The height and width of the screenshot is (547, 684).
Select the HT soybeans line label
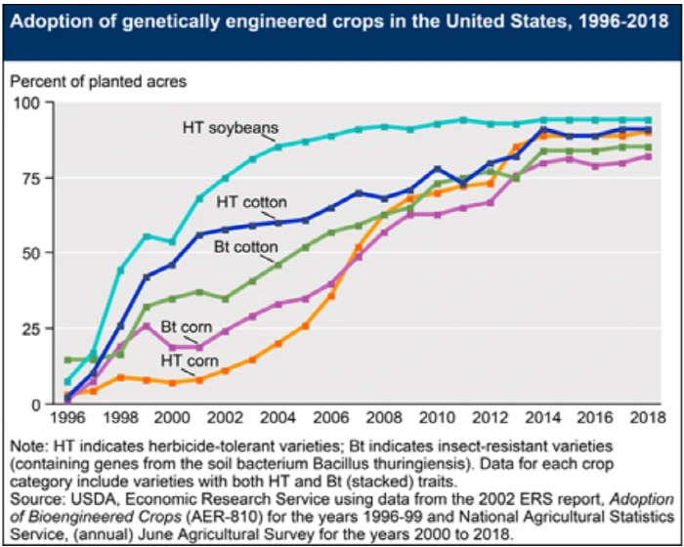click(x=231, y=127)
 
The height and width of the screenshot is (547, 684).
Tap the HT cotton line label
click(x=251, y=202)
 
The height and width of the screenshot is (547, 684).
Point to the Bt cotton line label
click(x=246, y=246)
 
